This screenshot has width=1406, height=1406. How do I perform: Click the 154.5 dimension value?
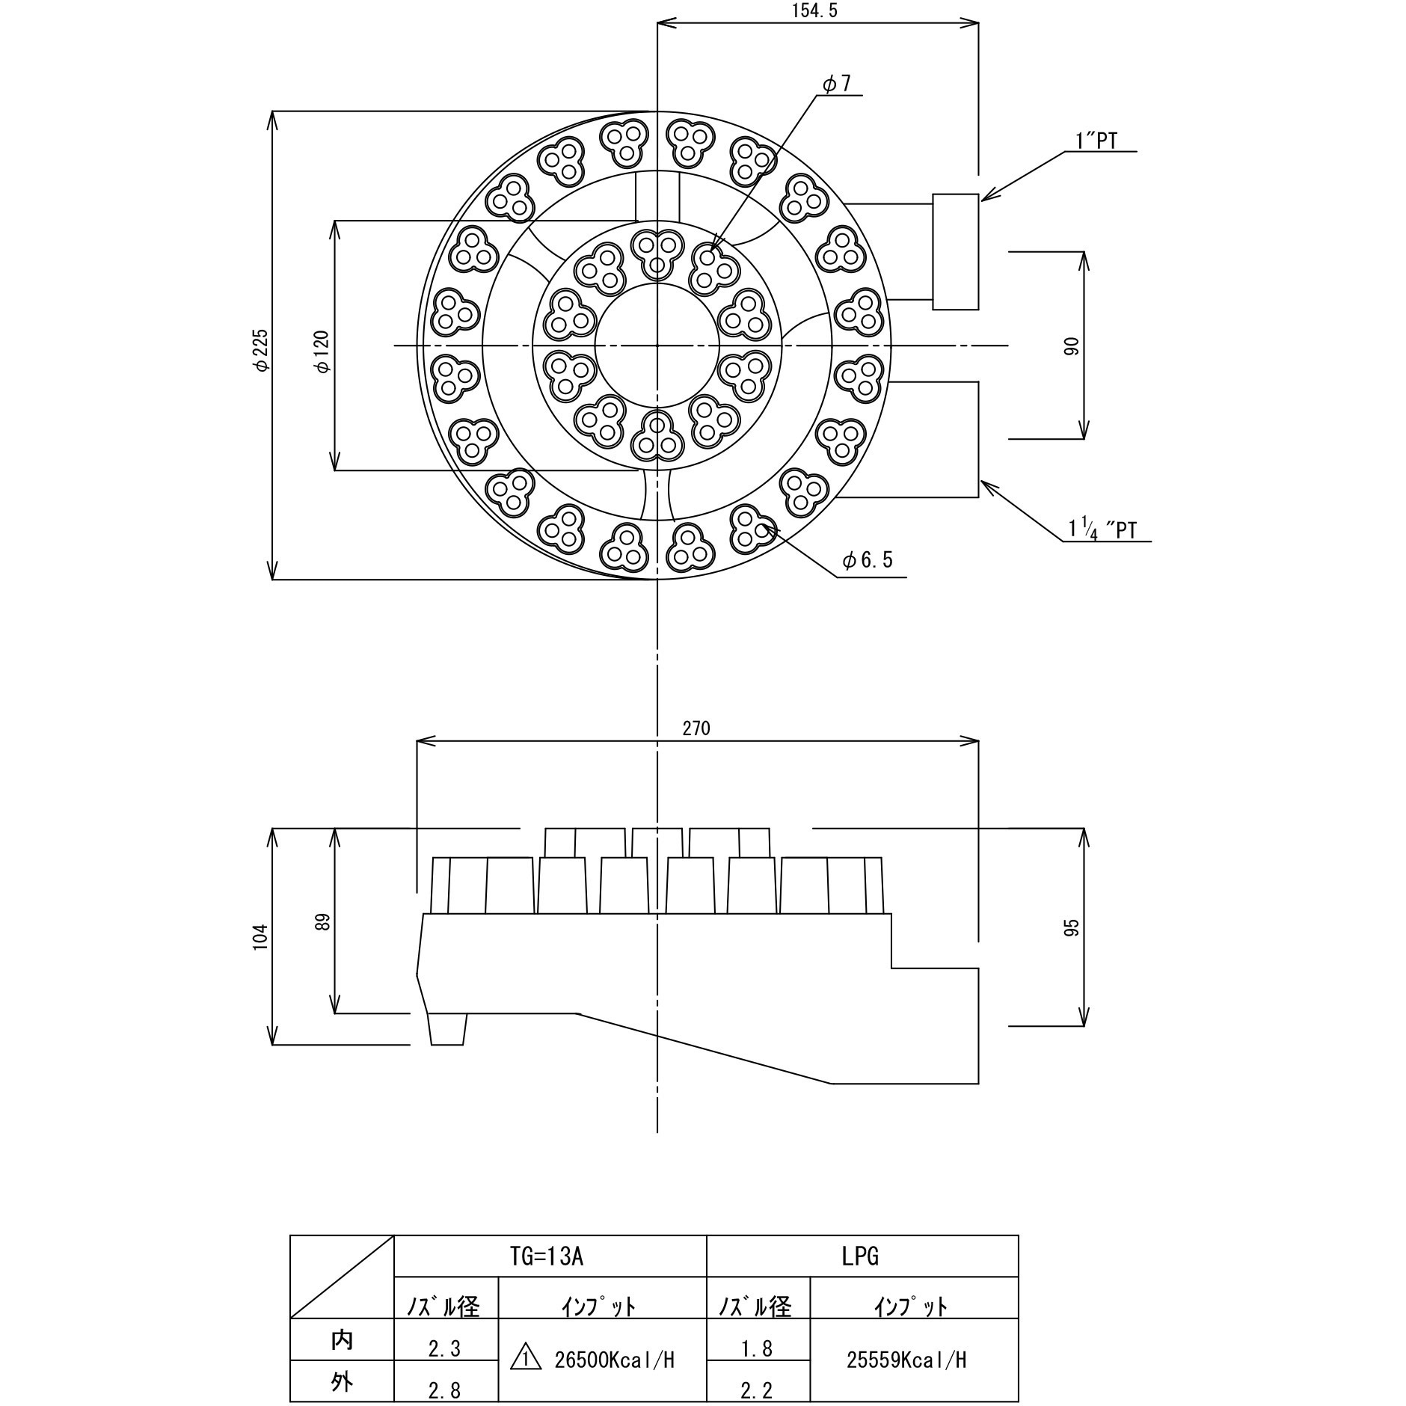tap(817, 11)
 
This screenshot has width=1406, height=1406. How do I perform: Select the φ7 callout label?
tap(838, 84)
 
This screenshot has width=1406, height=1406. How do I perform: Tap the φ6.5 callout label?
tap(868, 560)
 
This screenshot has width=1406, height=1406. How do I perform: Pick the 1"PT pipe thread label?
tap(1096, 141)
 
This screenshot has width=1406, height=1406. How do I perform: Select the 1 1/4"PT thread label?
tap(1102, 529)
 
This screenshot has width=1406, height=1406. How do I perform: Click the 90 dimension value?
tap(1072, 346)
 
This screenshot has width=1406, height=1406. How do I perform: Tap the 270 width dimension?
tap(696, 728)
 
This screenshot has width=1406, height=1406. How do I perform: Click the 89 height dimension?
tap(323, 921)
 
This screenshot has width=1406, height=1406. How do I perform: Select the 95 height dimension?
tap(1072, 927)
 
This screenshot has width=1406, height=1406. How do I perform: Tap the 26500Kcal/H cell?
tap(615, 1360)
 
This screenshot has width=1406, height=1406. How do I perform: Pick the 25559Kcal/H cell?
tap(906, 1360)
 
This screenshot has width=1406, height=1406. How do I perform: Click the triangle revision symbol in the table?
tap(525, 1358)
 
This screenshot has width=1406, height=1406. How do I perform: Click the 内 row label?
tap(342, 1340)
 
